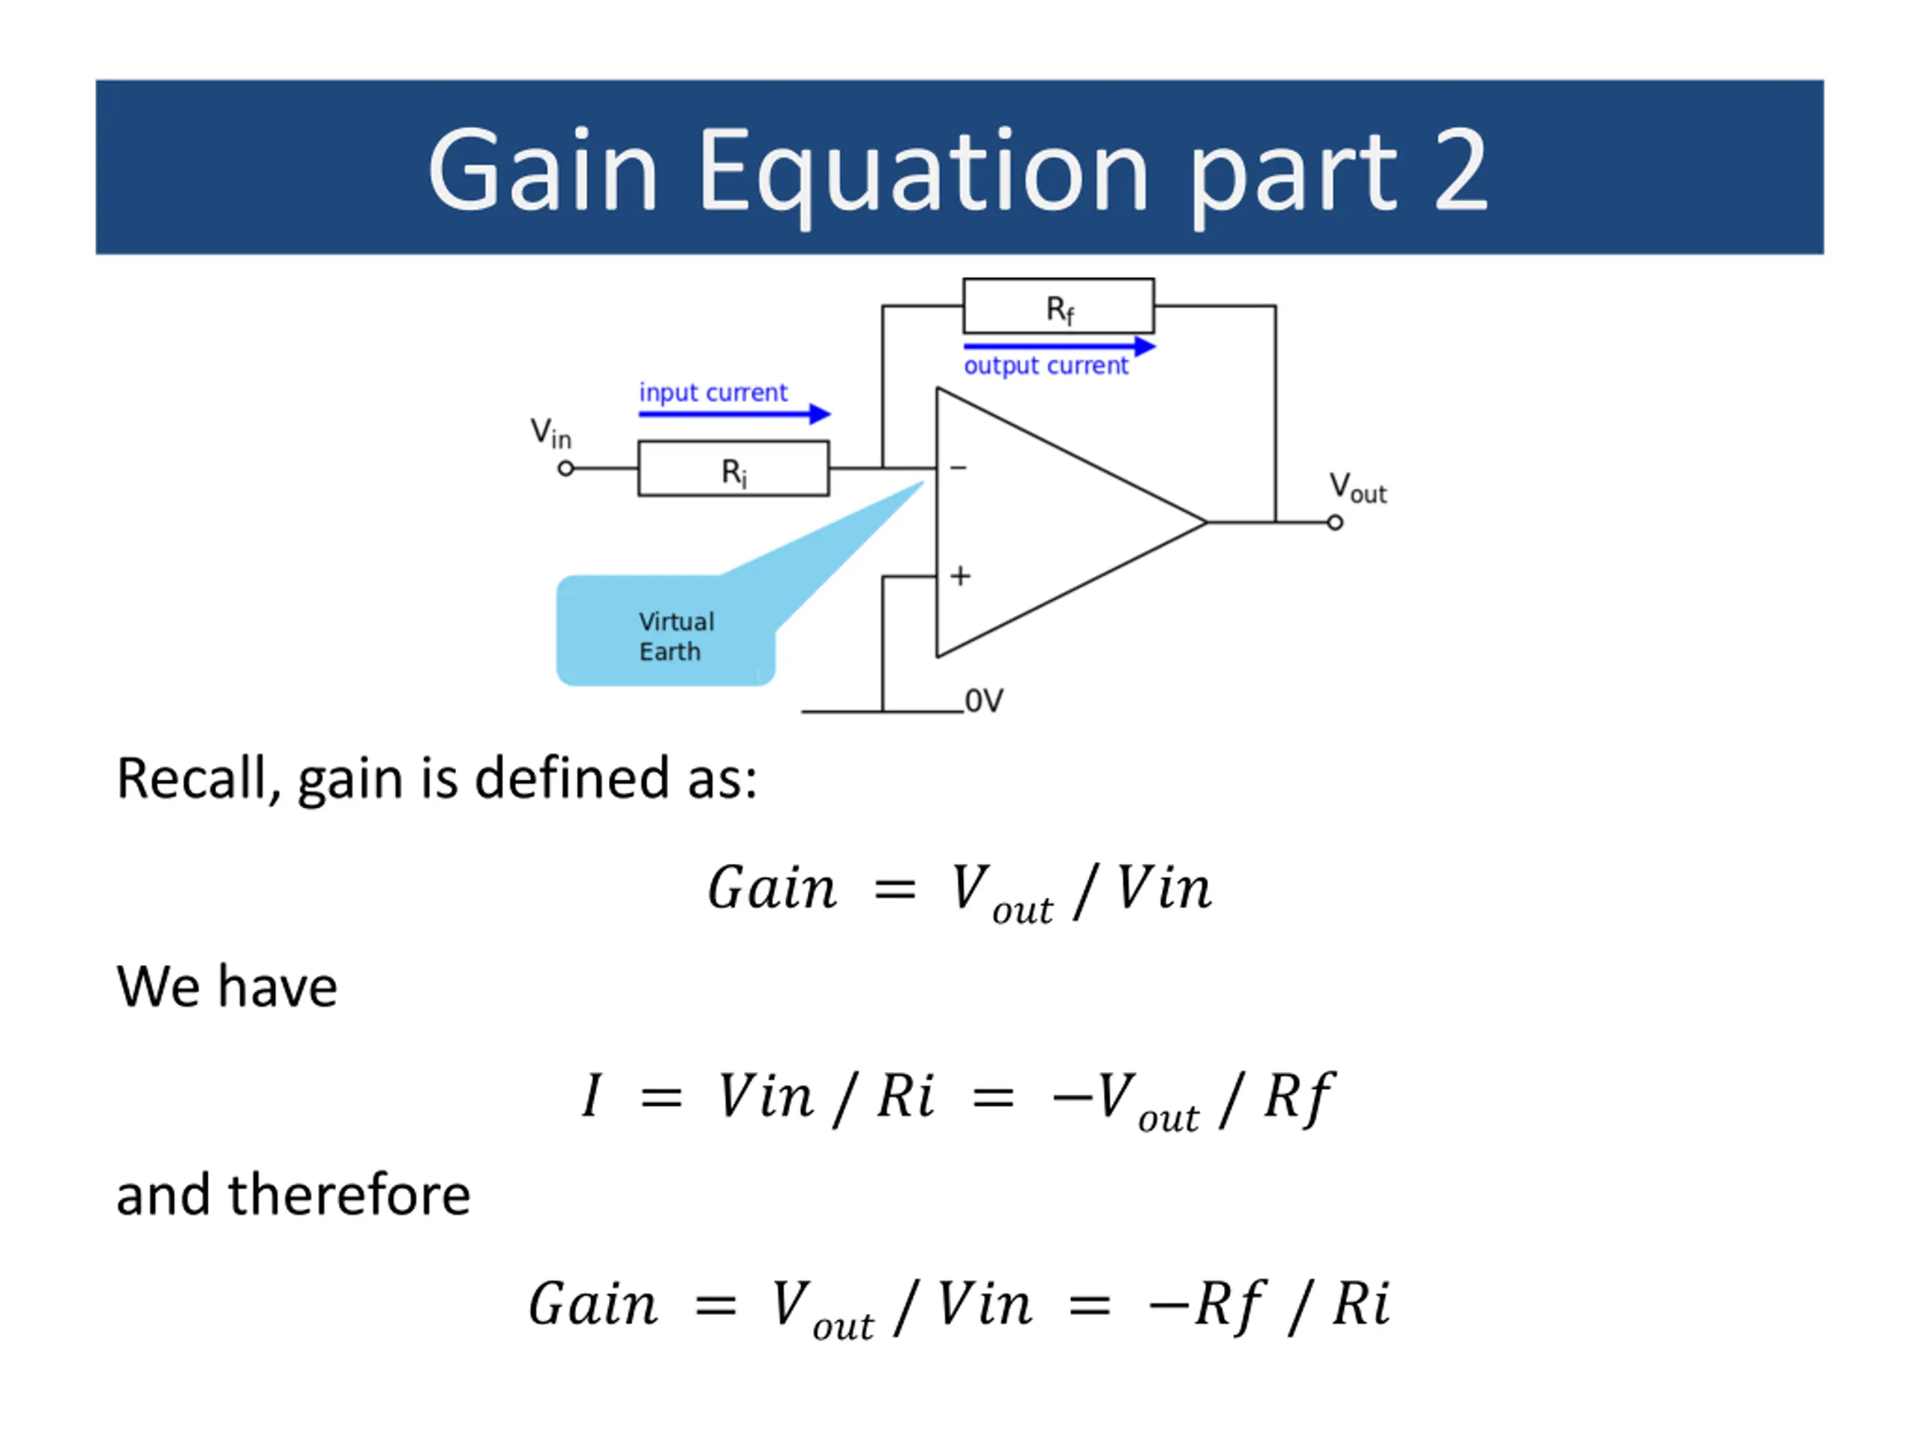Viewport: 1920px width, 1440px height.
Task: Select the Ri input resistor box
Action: [x=733, y=469]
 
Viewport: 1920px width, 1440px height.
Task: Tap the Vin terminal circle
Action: [x=566, y=469]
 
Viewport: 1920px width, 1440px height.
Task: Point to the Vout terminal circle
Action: [x=1335, y=523]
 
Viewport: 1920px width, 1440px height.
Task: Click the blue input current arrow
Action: [x=734, y=414]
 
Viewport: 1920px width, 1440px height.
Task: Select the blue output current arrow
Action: [x=1059, y=346]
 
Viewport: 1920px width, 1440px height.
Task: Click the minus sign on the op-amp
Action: [x=958, y=468]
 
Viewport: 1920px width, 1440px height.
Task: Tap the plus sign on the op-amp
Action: [x=960, y=575]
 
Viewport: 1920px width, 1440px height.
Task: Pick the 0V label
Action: [x=984, y=700]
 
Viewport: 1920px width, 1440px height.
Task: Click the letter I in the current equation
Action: [x=592, y=1096]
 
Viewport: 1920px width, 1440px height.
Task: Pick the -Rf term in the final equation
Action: [x=1207, y=1304]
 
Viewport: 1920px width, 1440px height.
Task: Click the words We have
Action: [x=226, y=987]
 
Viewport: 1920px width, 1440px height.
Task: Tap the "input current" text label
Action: [x=712, y=392]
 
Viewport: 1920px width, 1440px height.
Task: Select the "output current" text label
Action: [x=1046, y=365]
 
